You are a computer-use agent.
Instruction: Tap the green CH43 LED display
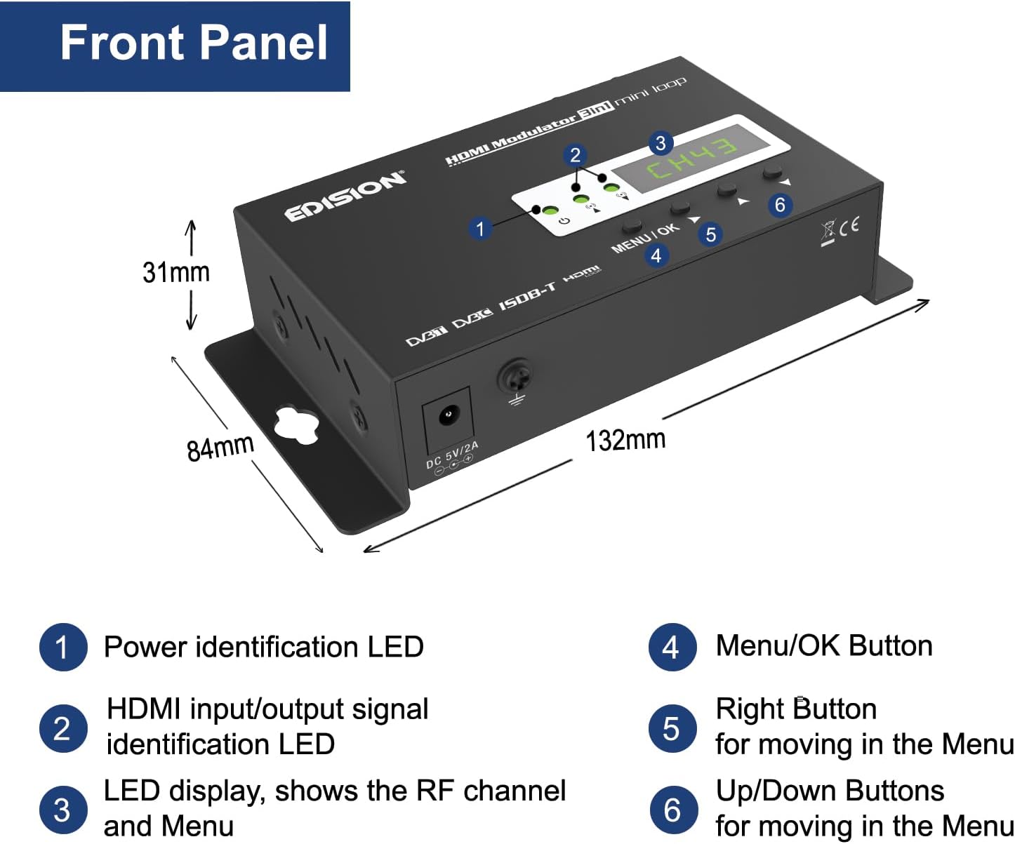pyautogui.click(x=691, y=159)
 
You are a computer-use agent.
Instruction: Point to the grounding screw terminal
pyautogui.click(x=515, y=379)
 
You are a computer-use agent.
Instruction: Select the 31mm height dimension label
pyautogui.click(x=176, y=272)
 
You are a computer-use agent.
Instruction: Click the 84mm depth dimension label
pyautogui.click(x=220, y=447)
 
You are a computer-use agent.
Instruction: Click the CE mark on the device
pyautogui.click(x=849, y=226)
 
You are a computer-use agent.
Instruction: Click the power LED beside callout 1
pyautogui.click(x=549, y=210)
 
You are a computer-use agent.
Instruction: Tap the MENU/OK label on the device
pyautogui.click(x=644, y=239)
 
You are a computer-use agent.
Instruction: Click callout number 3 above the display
pyautogui.click(x=660, y=143)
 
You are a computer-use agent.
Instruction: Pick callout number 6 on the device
pyautogui.click(x=779, y=205)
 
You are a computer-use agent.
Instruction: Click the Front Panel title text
pyautogui.click(x=194, y=43)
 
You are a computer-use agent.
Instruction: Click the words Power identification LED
pyautogui.click(x=263, y=647)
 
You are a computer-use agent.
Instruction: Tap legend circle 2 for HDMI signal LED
pyautogui.click(x=62, y=729)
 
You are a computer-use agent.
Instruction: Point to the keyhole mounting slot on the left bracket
pyautogui.click(x=296, y=424)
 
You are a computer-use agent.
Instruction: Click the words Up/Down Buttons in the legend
pyautogui.click(x=830, y=791)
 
